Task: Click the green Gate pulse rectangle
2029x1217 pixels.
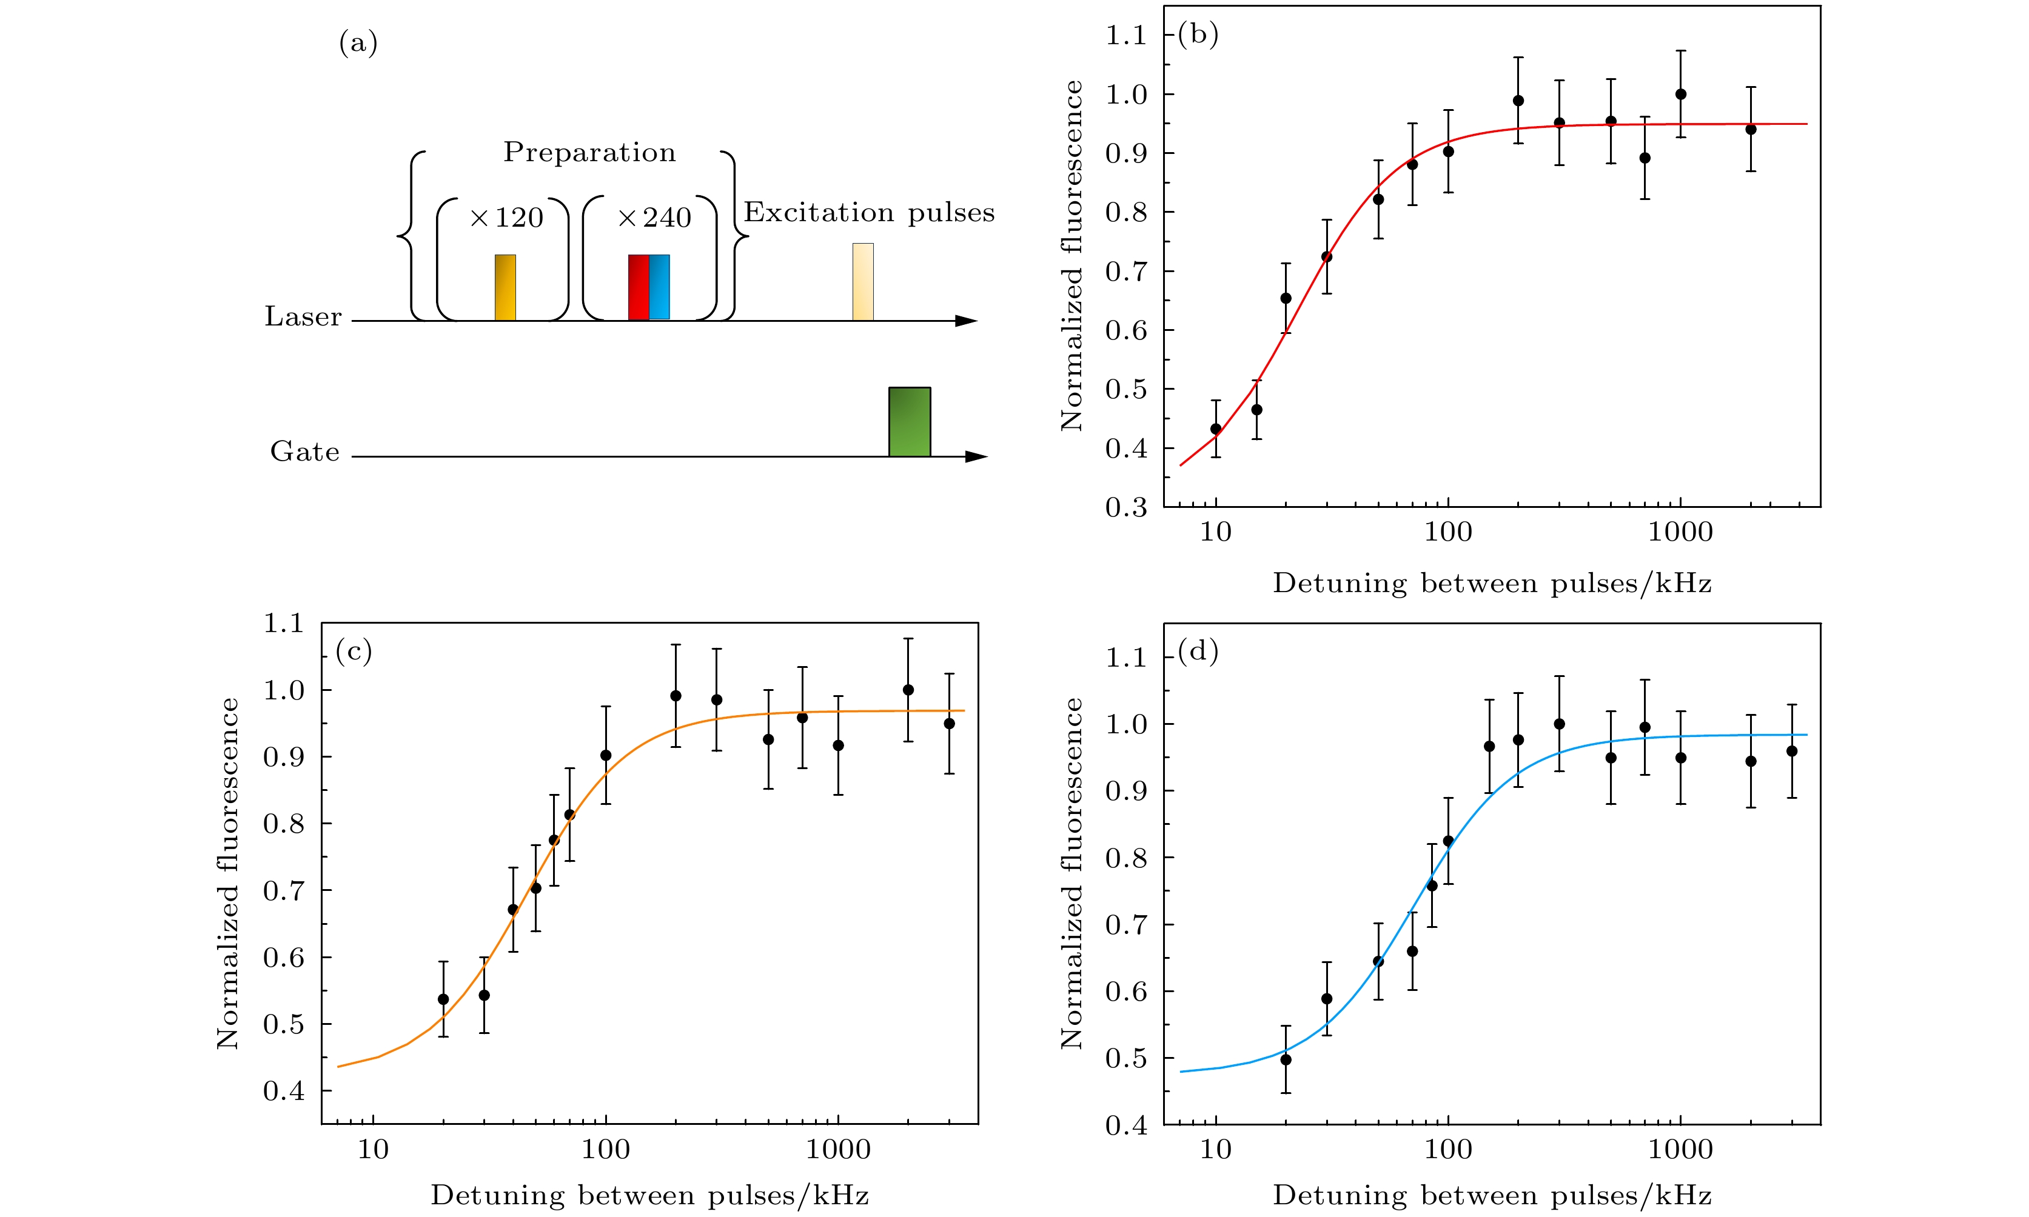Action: pos(909,421)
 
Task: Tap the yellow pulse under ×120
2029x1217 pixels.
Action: pos(505,287)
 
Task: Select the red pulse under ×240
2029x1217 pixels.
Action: pos(639,287)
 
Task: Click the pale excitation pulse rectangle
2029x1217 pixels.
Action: pos(863,281)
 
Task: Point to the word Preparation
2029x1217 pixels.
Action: pos(589,153)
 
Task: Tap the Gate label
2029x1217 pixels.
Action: pos(304,452)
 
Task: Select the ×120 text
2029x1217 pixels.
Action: pos(506,218)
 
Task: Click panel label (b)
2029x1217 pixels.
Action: pos(1198,35)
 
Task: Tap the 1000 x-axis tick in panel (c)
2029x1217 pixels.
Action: pos(837,1150)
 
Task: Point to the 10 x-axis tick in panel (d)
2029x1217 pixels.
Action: pos(1215,1150)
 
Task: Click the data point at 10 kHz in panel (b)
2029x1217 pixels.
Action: pos(1216,429)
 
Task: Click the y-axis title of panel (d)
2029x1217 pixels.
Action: pos(1072,873)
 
